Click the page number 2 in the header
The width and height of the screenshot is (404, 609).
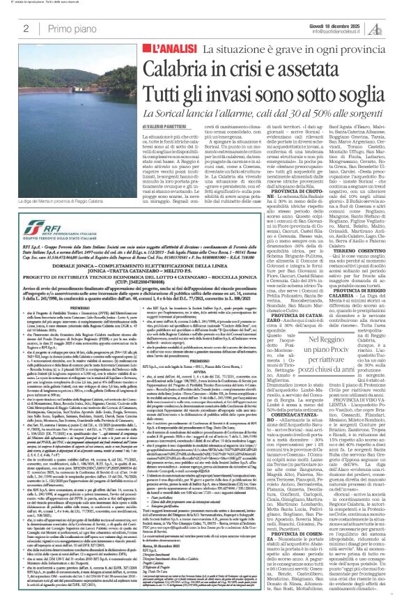coord(26,28)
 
